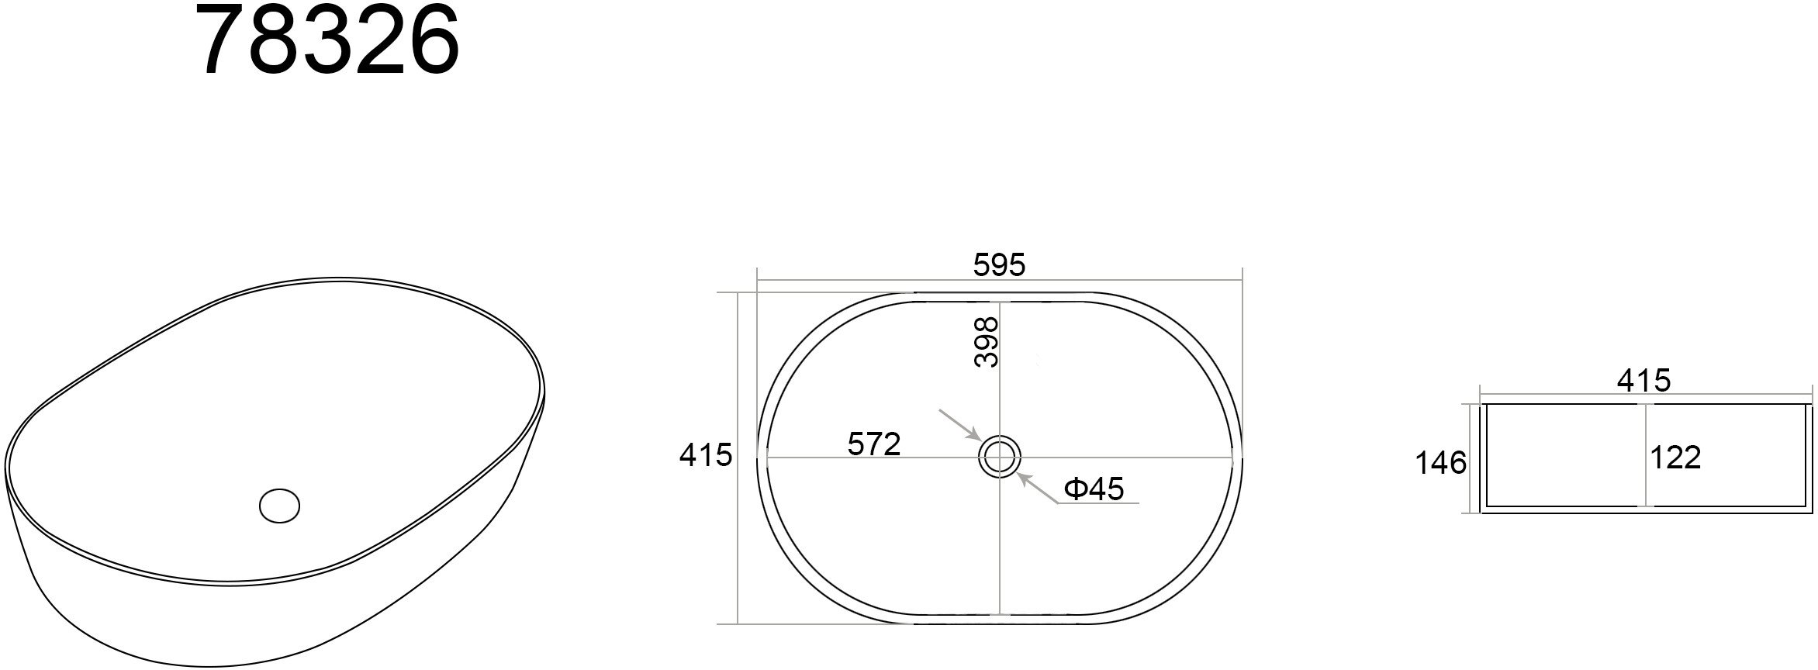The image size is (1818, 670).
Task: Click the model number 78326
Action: point(330,40)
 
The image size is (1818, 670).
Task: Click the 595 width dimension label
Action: point(999,266)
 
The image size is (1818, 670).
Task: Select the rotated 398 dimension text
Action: point(987,342)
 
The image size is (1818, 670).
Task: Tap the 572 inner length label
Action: point(874,444)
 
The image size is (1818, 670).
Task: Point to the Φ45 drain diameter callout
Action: point(1094,489)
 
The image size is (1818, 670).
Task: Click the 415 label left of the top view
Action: point(705,455)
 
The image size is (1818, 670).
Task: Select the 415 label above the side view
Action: point(1643,381)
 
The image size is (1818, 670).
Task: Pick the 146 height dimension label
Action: point(1441,464)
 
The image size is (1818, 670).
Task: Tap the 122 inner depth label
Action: point(1675,458)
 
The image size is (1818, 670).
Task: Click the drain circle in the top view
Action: point(999,456)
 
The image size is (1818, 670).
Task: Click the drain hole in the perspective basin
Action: point(279,506)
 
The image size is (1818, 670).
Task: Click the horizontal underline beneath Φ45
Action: point(1101,503)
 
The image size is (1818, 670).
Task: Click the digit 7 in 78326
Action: point(226,40)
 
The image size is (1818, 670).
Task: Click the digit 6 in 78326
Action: point(433,40)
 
